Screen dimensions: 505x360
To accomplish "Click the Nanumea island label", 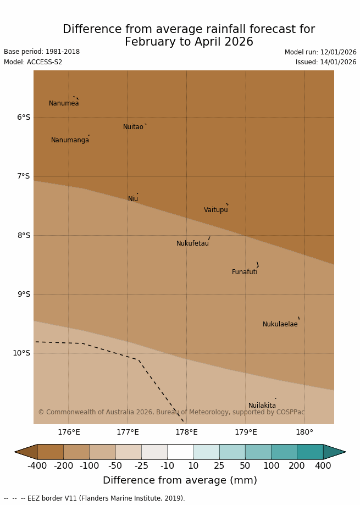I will (64, 103).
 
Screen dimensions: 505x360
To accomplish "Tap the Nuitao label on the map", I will (133, 127).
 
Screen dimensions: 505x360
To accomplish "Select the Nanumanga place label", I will (70, 140).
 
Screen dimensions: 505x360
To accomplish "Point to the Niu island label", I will (133, 199).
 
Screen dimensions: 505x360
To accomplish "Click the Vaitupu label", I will (215, 210).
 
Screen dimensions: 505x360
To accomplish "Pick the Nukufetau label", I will (192, 243).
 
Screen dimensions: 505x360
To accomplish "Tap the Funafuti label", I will (245, 272).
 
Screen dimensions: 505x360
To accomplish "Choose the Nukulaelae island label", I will (280, 324).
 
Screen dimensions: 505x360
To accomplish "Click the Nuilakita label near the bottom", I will (262, 406).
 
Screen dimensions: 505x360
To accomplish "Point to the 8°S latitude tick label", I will (24, 235).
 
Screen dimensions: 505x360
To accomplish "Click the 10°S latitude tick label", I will (21, 353).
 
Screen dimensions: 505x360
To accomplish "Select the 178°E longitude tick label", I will (186, 432).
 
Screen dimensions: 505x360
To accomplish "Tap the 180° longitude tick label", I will (304, 432).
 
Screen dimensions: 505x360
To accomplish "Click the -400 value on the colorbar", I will (37, 466).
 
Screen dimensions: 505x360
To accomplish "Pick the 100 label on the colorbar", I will (271, 466).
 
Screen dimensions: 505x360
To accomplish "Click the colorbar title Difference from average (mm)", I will (180, 480).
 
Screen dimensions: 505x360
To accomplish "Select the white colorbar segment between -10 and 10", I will (180, 452).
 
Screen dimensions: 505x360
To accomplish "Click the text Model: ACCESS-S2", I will (33, 62).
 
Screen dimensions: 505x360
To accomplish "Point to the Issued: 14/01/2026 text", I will (326, 62).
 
